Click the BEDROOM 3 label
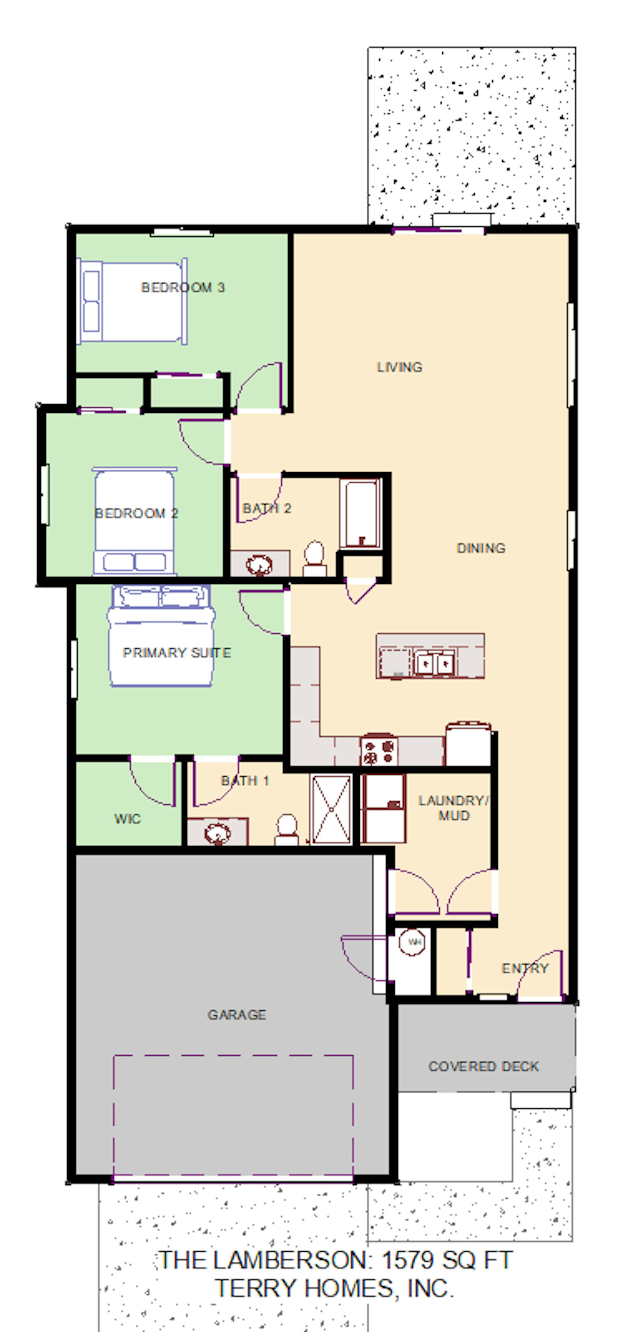(183, 287)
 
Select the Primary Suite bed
(161, 636)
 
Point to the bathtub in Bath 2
(361, 514)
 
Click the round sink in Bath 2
(259, 565)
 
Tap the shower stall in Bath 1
(331, 809)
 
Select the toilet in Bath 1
(287, 829)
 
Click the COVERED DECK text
(483, 1066)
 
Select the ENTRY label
(525, 968)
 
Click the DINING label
(481, 548)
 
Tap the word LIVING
(400, 367)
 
